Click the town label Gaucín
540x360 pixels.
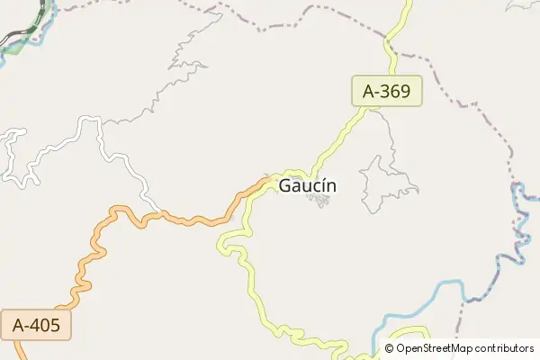coord(308,186)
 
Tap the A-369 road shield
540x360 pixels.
coord(386,91)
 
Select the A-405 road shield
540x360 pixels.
coord(36,326)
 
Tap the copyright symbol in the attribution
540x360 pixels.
coord(390,348)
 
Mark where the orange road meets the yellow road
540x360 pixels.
coord(270,180)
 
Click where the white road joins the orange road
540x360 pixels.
coord(160,214)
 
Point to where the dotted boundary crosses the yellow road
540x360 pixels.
coord(390,40)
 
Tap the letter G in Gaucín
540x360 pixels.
coord(285,186)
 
